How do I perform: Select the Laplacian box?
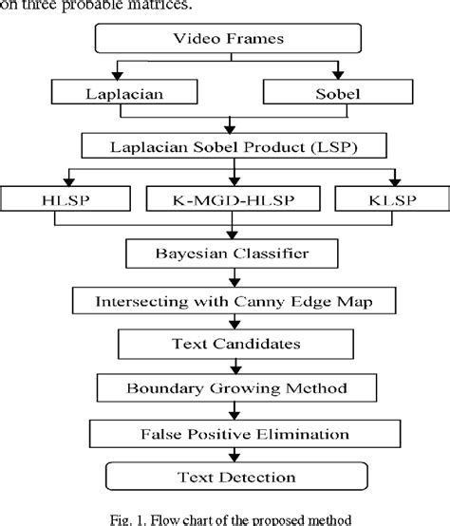click(116, 93)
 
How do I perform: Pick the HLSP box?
click(67, 199)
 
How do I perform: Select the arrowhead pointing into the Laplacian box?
click(116, 76)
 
